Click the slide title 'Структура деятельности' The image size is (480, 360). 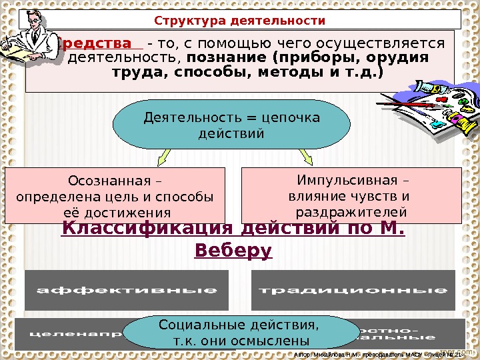click(x=240, y=21)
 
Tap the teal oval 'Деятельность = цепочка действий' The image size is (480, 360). click(x=232, y=125)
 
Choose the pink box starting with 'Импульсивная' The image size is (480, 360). click(x=351, y=195)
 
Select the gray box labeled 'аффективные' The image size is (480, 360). click(x=127, y=290)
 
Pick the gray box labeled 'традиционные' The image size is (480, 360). click(x=353, y=290)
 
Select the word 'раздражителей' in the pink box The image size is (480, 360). click(x=351, y=211)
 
